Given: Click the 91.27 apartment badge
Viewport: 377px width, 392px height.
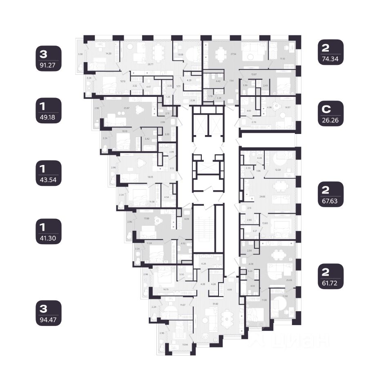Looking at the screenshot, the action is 48,58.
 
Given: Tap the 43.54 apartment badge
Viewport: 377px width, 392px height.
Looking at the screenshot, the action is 48,173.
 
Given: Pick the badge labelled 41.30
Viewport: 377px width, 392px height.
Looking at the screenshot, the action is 48,232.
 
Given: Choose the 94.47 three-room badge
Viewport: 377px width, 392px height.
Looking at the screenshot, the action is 48,313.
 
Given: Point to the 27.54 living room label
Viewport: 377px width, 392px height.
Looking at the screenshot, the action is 222,53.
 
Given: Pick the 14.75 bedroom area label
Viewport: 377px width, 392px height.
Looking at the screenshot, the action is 166,289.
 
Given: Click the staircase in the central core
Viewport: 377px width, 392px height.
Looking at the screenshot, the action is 203,229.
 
